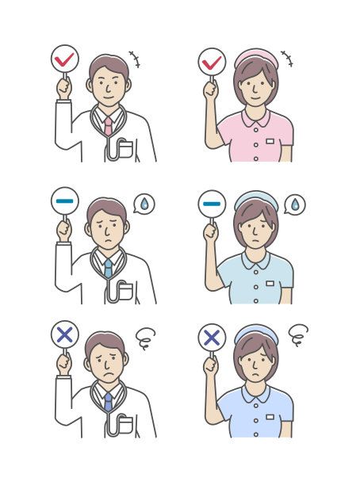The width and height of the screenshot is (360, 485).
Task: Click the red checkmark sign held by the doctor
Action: click(64, 59)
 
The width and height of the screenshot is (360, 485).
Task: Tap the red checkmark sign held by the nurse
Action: click(212, 61)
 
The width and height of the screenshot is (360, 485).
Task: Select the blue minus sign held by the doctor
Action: click(64, 201)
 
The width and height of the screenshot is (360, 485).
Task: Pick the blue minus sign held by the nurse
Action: click(212, 204)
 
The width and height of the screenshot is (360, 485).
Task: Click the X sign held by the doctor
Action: click(64, 335)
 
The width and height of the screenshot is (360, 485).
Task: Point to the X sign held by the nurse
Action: click(212, 338)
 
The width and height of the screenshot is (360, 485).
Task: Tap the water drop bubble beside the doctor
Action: click(144, 204)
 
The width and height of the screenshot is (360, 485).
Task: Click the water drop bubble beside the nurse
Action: click(294, 205)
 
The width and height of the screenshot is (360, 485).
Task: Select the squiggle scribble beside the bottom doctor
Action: click(144, 339)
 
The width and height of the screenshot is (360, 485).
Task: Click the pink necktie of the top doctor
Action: click(108, 124)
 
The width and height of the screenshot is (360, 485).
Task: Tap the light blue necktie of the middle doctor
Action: click(108, 268)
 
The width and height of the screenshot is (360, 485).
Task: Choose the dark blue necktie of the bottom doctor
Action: click(108, 402)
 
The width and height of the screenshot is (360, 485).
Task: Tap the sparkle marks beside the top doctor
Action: click(134, 59)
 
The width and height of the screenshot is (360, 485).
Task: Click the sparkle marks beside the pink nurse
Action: click(286, 59)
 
